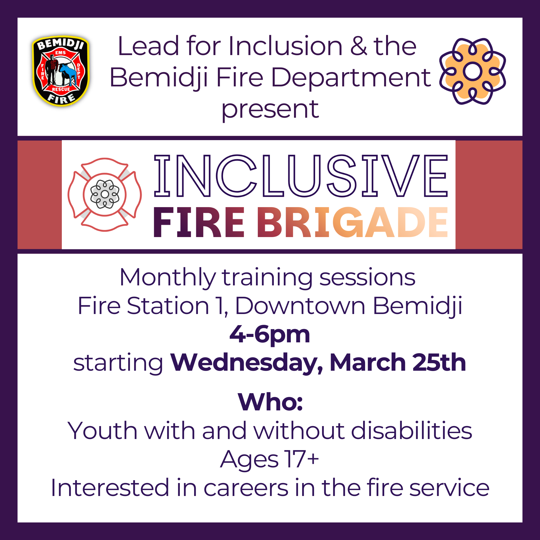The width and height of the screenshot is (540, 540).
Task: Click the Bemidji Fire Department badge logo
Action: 61,71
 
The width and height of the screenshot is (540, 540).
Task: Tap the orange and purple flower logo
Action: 472,72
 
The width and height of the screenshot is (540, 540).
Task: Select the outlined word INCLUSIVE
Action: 301,176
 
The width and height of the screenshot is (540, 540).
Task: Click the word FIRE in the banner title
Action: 198,222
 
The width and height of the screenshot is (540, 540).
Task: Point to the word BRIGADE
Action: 352,222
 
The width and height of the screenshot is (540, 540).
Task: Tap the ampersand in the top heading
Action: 358,46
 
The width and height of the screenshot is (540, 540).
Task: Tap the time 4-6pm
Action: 270,335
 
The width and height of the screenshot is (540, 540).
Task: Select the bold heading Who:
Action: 270,403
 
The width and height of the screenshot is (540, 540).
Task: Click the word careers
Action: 246,488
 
